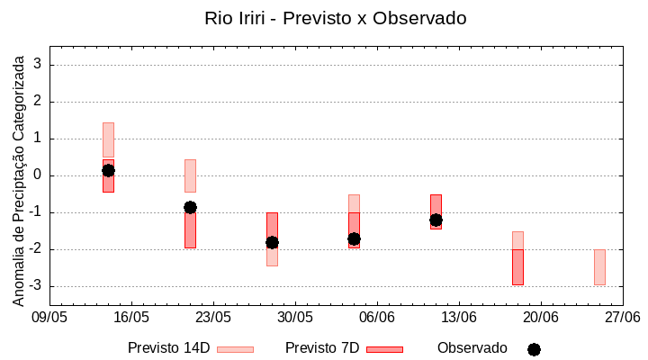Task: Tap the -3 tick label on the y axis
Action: click(36, 286)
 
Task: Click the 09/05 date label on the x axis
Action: click(49, 318)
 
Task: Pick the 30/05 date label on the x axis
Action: click(295, 318)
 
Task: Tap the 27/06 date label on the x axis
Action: click(622, 318)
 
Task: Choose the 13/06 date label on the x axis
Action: click(459, 318)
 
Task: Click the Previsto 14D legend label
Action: click(168, 348)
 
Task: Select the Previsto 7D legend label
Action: click(322, 348)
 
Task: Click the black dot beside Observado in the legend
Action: click(534, 349)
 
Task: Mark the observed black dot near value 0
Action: click(108, 170)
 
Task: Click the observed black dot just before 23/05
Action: click(190, 207)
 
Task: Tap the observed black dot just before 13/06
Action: click(436, 220)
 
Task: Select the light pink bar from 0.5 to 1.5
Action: click(108, 139)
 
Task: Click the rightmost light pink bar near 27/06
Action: click(599, 267)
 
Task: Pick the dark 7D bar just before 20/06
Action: click(517, 267)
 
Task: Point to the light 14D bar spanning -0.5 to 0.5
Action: click(190, 175)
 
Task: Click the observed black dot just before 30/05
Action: click(272, 242)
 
